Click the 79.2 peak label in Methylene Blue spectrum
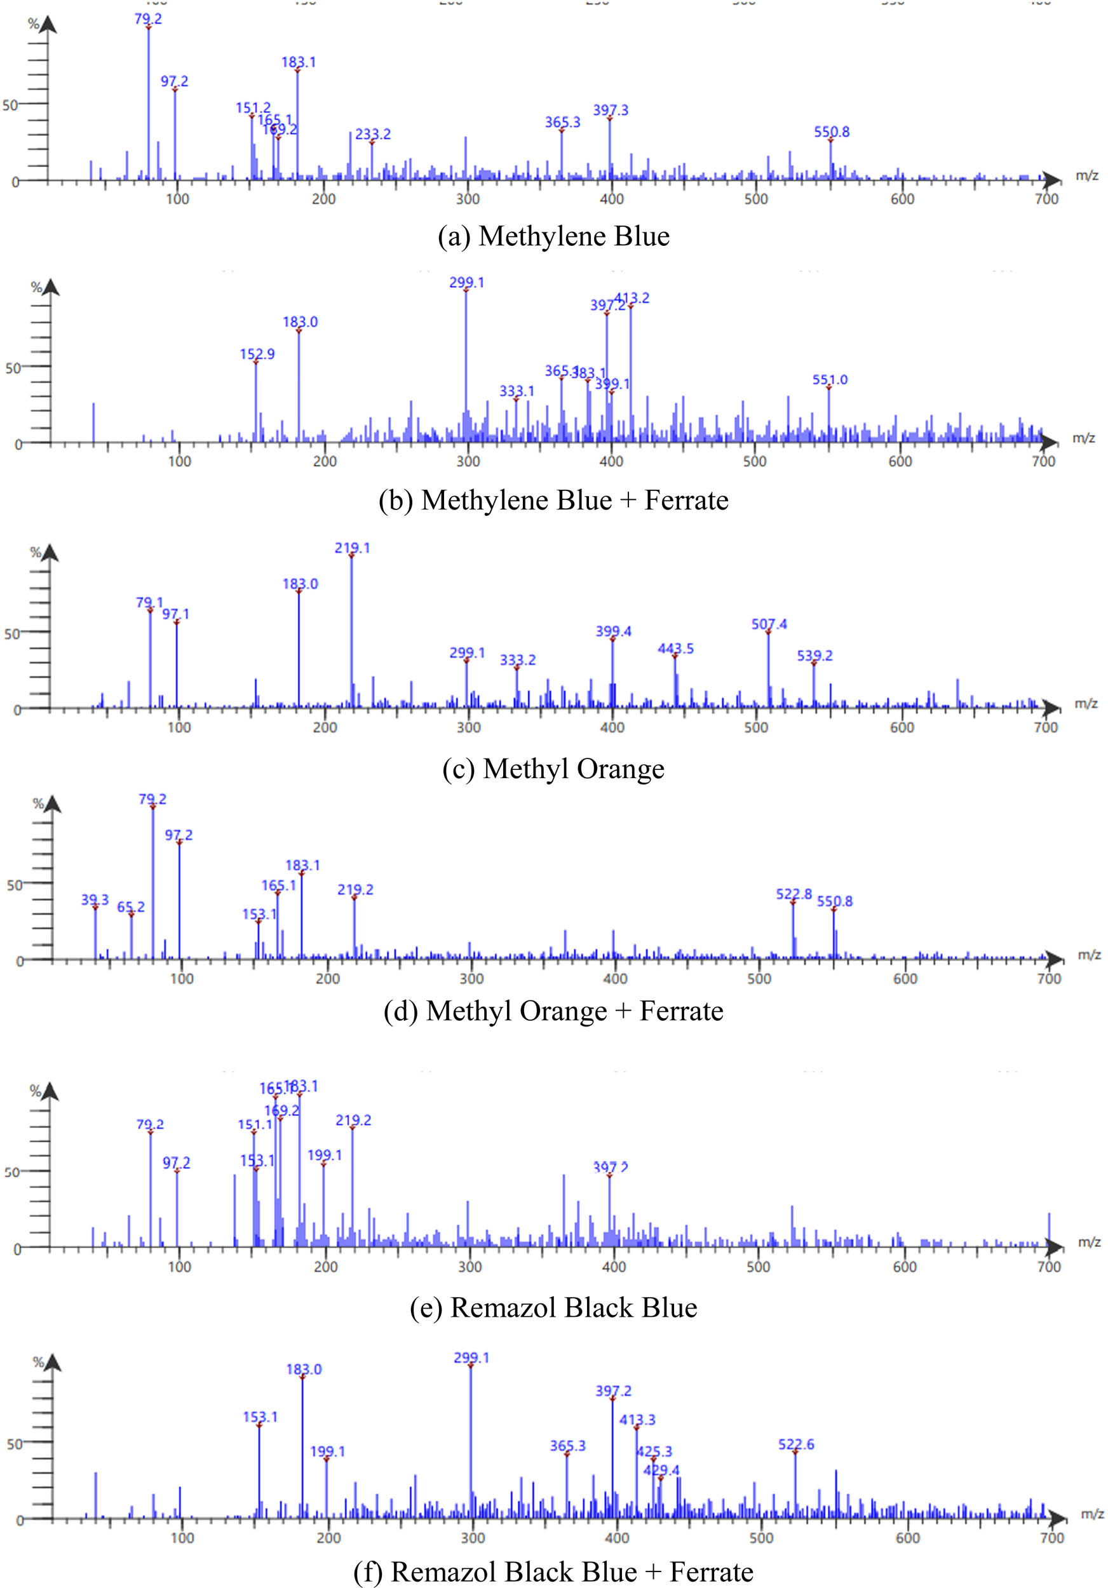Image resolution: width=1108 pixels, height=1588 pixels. pos(148,18)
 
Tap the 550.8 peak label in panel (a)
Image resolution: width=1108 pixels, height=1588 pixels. pos(832,131)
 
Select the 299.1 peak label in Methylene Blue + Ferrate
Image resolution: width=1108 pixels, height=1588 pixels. pos(467,282)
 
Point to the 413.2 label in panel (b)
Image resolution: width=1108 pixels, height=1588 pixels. pos(632,298)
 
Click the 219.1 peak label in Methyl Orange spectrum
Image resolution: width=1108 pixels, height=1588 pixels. pos(352,548)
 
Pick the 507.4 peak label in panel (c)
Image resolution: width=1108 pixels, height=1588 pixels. pos(769,624)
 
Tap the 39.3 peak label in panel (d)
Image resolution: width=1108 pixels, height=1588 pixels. pos(95,899)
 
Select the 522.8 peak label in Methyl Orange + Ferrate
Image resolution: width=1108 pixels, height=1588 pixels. pos(794,894)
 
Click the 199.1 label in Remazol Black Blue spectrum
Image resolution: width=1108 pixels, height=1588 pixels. pos(325,1155)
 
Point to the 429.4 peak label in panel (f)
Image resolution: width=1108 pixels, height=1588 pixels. pos(661,1470)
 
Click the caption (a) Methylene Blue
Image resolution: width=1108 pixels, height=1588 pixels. pos(553,236)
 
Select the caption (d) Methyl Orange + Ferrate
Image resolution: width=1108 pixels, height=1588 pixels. pos(553,1011)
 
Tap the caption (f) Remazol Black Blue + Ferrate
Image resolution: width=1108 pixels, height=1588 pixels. pos(553,1571)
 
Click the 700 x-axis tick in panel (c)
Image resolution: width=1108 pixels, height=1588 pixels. pos(1046,727)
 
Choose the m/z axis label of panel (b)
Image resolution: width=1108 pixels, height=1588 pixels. pos(1083,438)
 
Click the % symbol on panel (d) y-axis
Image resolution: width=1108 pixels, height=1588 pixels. pos(38,804)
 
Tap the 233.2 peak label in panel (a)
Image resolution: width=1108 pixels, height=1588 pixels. pos(373,134)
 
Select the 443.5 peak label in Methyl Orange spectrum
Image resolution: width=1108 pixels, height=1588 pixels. pos(675,649)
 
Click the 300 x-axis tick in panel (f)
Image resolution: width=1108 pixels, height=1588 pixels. pos(473,1538)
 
